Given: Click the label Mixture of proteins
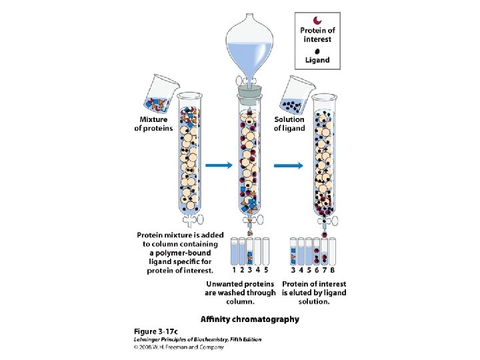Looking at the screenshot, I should point(153,123).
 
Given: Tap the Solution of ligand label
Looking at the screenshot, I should point(289,123).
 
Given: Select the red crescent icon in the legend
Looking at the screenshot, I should point(318,19).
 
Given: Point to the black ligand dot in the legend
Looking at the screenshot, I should point(317,49).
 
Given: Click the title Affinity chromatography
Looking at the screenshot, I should point(251,319).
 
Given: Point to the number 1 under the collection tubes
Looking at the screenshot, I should point(234,270).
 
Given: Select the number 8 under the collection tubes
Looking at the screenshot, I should point(332,270).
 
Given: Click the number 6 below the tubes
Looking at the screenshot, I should point(316,270).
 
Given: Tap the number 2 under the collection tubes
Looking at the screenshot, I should point(242,270).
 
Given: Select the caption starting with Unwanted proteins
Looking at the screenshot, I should point(240,293).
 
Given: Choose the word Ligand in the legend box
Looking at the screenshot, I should point(317,60).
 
